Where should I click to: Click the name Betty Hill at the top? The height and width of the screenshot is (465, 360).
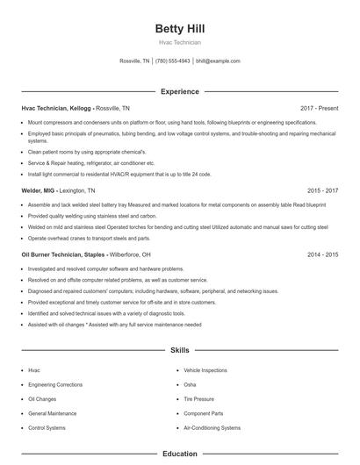pyautogui.click(x=179, y=29)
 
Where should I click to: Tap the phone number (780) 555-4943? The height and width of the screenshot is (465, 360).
pyautogui.click(x=173, y=61)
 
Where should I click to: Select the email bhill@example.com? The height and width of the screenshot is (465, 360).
pyautogui.click(x=218, y=61)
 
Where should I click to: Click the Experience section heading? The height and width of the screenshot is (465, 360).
pyautogui.click(x=179, y=91)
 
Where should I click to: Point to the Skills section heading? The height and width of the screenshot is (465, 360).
pyautogui.click(x=179, y=350)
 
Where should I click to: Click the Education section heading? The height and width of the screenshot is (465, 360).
pyautogui.click(x=179, y=454)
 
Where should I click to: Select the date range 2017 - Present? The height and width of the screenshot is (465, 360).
pyautogui.click(x=319, y=108)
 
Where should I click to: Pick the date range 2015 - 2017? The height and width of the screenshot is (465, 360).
pyautogui.click(x=322, y=190)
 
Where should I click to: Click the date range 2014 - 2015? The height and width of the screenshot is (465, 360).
pyautogui.click(x=322, y=254)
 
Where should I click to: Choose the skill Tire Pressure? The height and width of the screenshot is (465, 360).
pyautogui.click(x=198, y=399)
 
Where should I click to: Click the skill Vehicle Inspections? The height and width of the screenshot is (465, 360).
pyautogui.click(x=205, y=370)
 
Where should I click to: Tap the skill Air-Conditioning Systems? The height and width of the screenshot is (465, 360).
pyautogui.click(x=212, y=428)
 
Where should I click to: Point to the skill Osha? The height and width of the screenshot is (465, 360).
pyautogui.click(x=190, y=385)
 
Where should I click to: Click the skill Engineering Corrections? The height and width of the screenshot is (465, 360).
pyautogui.click(x=54, y=385)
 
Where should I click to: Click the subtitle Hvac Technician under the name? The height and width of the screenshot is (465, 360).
pyautogui.click(x=179, y=42)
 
